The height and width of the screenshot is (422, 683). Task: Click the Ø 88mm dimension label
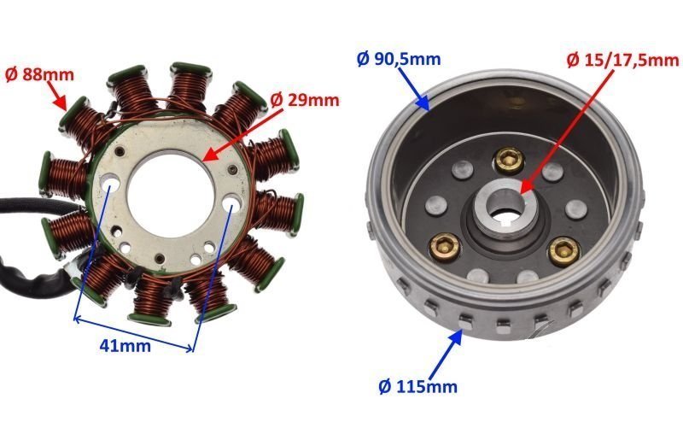pos(39,74)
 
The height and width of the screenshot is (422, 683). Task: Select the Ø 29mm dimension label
pos(304,100)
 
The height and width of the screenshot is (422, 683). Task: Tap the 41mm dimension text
pos(124,346)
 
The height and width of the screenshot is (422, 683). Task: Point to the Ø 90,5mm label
pos(398,60)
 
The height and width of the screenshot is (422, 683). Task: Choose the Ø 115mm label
pos(417,386)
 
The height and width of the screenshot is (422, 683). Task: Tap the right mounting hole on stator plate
pos(233,205)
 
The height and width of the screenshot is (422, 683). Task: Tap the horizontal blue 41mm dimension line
pos(133,333)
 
